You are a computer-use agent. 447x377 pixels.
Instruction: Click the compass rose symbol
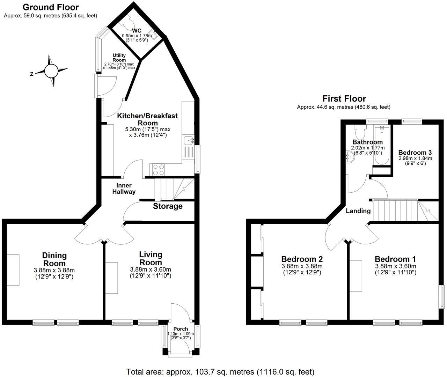51,71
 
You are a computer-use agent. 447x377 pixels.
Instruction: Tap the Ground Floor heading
51,7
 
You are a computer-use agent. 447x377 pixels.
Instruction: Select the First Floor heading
344,99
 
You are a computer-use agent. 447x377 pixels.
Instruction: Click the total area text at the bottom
220,371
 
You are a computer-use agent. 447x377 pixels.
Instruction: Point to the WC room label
137,31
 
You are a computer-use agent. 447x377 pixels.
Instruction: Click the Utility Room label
119,58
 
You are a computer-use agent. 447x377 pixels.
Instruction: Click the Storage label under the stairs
168,206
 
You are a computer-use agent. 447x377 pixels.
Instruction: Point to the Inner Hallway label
126,188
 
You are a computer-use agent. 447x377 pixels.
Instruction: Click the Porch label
181,329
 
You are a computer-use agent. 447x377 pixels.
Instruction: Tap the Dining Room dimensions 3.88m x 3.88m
54,270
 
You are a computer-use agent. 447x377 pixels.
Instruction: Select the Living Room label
151,258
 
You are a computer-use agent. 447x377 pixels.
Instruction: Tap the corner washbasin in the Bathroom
350,157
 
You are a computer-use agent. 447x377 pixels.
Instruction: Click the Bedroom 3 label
415,153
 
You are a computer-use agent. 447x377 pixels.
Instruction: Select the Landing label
358,211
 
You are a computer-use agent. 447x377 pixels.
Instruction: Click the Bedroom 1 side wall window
441,297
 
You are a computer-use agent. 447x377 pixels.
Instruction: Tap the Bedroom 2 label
302,259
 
